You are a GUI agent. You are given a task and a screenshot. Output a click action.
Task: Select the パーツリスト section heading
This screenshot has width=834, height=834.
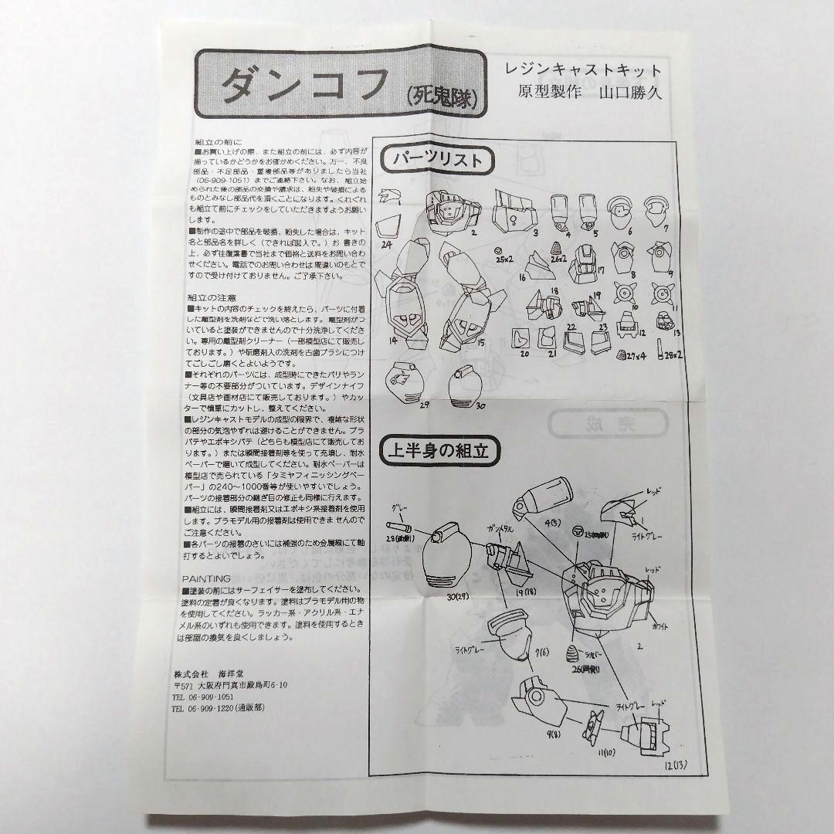coord(437,160)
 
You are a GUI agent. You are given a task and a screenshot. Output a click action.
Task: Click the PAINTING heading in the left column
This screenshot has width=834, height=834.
coord(206,578)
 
